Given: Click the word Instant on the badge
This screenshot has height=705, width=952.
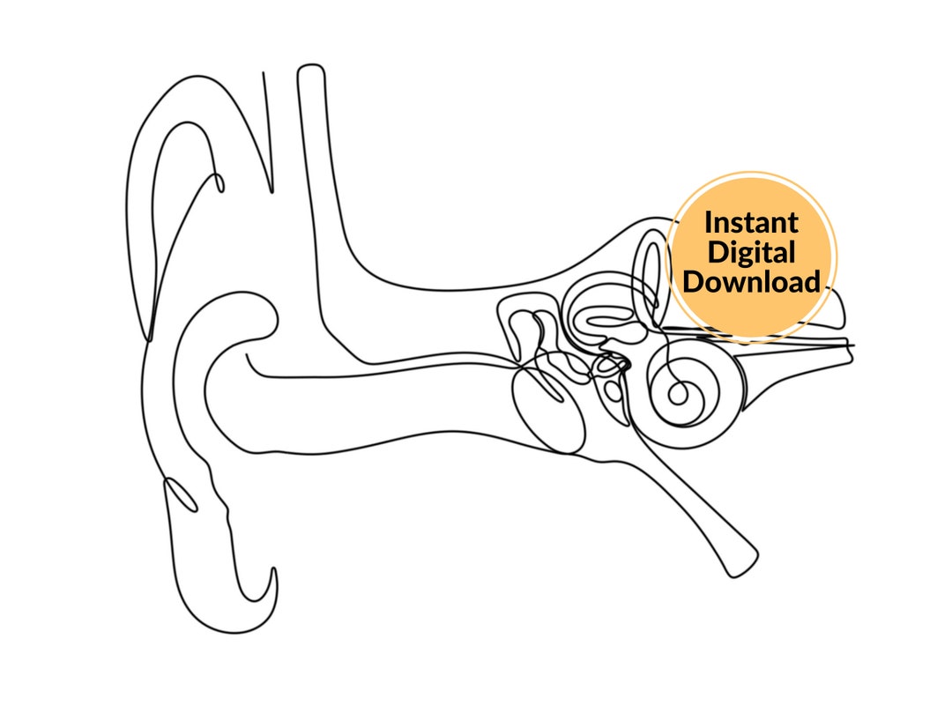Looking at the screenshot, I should click(x=751, y=221).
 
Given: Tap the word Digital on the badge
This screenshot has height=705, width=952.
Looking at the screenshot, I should click(x=751, y=252).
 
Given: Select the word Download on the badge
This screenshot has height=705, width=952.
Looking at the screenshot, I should click(x=751, y=282).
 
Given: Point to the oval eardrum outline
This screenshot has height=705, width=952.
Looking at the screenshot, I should click(x=548, y=410).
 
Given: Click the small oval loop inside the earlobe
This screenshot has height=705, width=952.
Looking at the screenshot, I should click(x=181, y=494).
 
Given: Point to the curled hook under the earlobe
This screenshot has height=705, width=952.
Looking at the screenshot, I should click(x=269, y=590).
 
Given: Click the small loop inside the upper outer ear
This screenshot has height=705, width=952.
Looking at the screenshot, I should click(x=217, y=182).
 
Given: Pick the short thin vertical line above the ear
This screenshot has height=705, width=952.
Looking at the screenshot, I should click(x=268, y=132).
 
